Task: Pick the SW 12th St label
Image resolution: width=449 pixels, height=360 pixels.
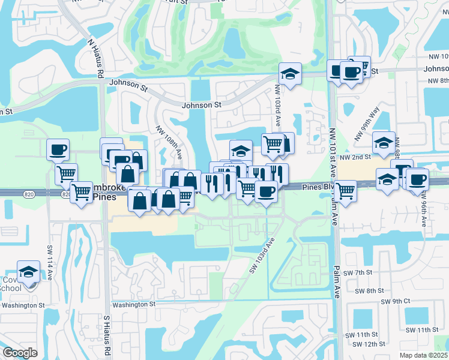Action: [x=369, y=344]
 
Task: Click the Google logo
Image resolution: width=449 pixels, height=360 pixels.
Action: [x=20, y=352]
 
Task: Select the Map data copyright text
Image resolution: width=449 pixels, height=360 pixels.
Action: [x=423, y=355]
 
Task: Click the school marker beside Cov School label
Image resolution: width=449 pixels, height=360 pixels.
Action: [x=28, y=272]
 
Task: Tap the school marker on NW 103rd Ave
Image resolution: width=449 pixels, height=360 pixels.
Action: [x=290, y=74]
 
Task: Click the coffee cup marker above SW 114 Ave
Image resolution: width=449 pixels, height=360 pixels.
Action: [x=58, y=149]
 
